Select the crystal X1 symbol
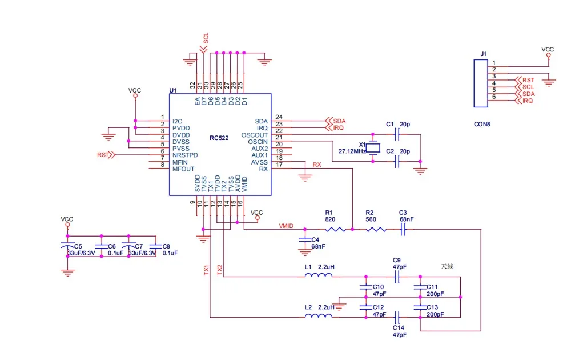click(373, 149)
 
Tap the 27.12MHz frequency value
click(351, 152)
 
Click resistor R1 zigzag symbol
click(335, 230)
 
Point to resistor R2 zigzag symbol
click(376, 230)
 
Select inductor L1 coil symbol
click(319, 277)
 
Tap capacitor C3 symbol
click(403, 230)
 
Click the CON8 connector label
click(482, 123)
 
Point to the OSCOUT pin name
click(254, 135)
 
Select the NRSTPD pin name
click(185, 155)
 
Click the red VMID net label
click(286, 226)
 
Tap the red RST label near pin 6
click(102, 155)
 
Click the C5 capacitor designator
click(78, 246)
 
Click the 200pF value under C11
click(435, 294)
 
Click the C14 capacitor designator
click(399, 327)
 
